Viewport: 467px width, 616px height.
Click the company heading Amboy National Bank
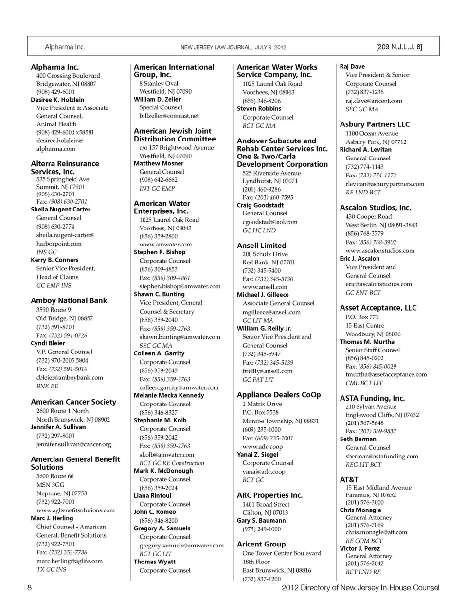point(69,300)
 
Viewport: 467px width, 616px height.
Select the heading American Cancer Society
point(73,402)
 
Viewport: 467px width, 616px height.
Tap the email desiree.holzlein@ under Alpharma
point(59,141)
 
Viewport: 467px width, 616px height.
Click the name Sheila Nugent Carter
point(60,209)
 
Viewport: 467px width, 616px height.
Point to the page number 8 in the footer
point(30,587)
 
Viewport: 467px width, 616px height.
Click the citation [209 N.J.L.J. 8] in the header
point(398,47)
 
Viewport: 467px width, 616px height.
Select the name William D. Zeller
point(157,99)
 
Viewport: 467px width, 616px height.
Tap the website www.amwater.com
point(165,245)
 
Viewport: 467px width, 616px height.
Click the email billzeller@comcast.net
point(169,116)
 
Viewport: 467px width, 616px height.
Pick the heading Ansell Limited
point(261,246)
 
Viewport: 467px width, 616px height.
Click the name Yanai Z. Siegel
point(257,455)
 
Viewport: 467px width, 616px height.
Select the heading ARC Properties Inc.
point(269,495)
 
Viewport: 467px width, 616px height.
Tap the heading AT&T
point(349,479)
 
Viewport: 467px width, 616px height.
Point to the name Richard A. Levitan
point(365,150)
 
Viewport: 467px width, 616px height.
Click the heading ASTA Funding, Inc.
point(372,398)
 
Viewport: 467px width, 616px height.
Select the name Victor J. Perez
point(359,548)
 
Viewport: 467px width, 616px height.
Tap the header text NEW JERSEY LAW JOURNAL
point(216,47)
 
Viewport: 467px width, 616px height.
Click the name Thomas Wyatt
point(155,562)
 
